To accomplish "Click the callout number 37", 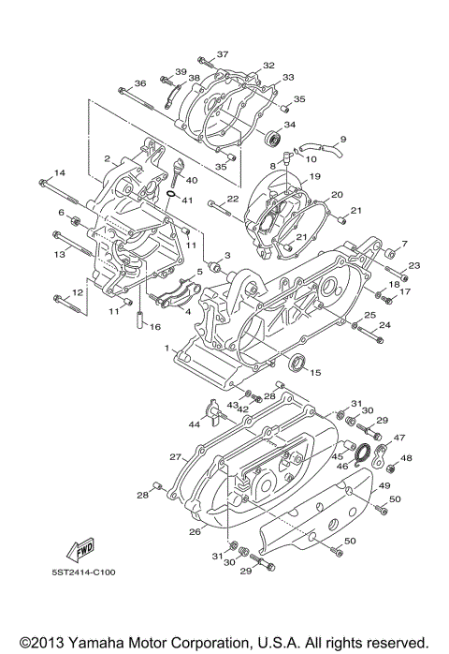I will coord(223,54).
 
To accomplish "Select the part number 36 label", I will coord(140,83).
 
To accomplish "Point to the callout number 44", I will coord(195,424).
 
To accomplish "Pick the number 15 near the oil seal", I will coord(314,372).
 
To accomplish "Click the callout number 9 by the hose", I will coord(342,140).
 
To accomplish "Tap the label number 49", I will coord(383,486).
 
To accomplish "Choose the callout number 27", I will coord(174,457).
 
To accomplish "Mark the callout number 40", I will coord(193,180).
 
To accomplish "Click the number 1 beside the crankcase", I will coord(168,348).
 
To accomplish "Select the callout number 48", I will coord(407,458).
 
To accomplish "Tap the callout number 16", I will coord(155,327).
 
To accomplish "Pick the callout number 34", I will coord(290,124).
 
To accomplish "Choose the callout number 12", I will coord(79,293).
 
